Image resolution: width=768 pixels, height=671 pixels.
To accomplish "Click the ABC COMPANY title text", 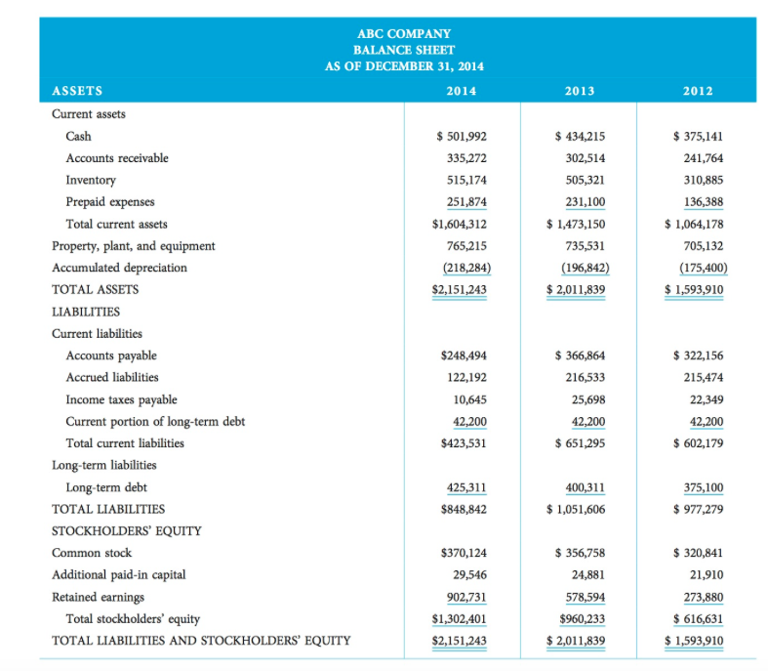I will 404,32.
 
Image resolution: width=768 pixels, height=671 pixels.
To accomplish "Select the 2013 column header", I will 579,91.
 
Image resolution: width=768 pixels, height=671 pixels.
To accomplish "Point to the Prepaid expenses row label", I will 109,202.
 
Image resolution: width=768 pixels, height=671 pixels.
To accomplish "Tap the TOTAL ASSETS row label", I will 95,289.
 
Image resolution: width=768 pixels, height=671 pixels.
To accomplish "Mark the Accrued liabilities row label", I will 111,377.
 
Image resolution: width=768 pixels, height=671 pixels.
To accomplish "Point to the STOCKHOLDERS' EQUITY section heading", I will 126,531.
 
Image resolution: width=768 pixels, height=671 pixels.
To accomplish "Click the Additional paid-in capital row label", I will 118,575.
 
